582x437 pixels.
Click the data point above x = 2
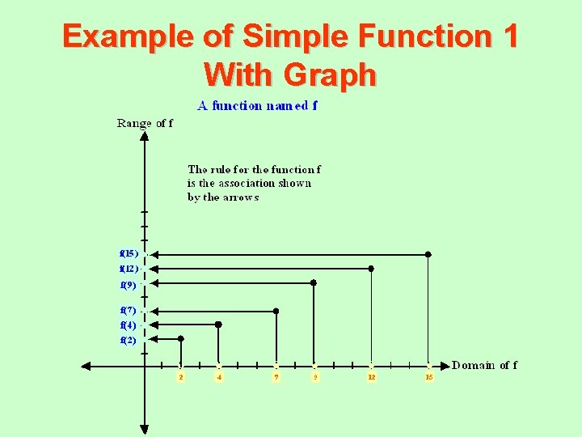180,339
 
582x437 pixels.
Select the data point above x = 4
218,324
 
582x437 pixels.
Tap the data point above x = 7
276,311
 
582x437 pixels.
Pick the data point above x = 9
314,283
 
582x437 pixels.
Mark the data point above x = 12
371,268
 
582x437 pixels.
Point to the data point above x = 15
428,254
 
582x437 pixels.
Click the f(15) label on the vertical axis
129,253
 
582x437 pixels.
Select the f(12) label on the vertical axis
129,268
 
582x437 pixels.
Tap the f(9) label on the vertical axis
128,285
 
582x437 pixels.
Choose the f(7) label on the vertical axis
128,310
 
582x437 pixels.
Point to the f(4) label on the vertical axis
128,325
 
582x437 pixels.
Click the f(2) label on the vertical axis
128,340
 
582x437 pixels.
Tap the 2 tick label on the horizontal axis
181,377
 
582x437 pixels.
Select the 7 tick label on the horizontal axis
276,377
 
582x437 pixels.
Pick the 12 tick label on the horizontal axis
372,377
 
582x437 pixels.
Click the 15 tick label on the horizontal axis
429,377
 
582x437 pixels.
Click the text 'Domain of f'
484,365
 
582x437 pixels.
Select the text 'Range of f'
145,124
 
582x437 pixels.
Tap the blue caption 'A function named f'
258,105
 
